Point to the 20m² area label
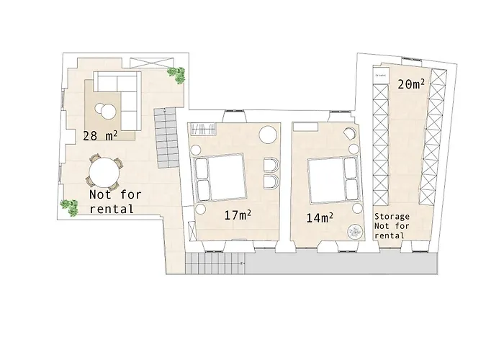pyautogui.click(x=410, y=84)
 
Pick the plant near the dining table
pyautogui.click(x=69, y=205)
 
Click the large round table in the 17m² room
pyautogui.click(x=268, y=135)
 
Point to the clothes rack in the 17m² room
pyautogui.click(x=203, y=129)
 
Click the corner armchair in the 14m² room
pyautogui.click(x=349, y=134)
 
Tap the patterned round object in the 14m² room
pyautogui.click(x=355, y=231)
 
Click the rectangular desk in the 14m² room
pyautogui.click(x=302, y=127)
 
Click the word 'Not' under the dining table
pyautogui.click(x=100, y=194)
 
